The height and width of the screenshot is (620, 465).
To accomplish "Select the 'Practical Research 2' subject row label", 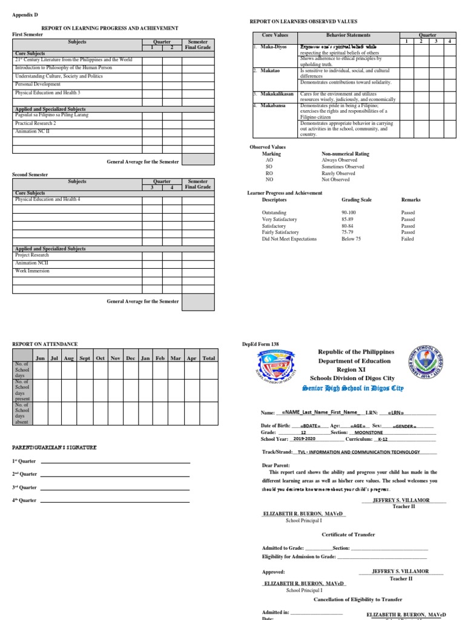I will [36, 123].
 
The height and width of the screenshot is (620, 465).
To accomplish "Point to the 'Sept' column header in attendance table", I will [85, 358].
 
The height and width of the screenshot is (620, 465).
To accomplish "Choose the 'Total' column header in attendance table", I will [208, 358].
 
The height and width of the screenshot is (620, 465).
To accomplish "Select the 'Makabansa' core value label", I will [274, 105].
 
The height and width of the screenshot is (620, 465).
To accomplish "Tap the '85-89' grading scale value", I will [349, 219].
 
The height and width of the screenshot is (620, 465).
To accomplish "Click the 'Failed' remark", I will [407, 239].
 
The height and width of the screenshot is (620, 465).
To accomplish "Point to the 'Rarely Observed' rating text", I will [338, 173].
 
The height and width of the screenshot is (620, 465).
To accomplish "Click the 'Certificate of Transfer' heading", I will [348, 535].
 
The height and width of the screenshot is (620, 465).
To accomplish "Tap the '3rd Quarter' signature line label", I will [25, 487].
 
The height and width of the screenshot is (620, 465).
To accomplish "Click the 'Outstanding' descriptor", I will [275, 213].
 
